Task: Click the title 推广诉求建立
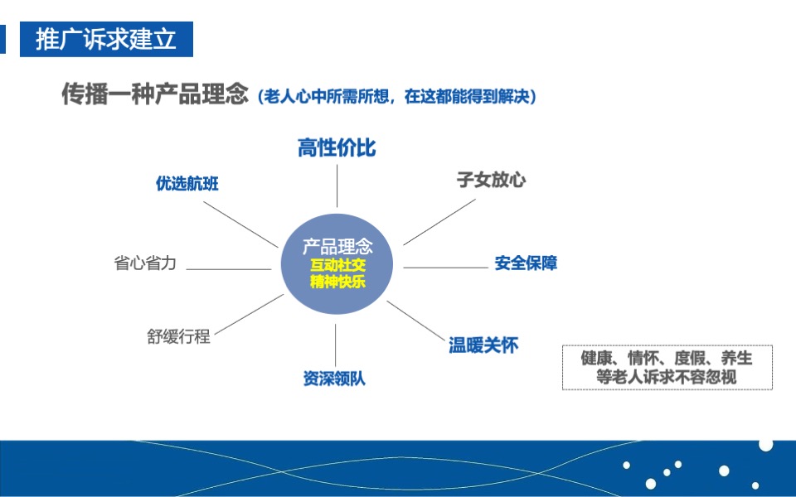[106, 39]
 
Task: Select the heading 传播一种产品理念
[155, 94]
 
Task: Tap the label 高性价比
[337, 148]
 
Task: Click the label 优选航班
[187, 184]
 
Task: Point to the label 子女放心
[491, 180]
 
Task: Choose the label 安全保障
[526, 263]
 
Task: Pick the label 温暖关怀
[483, 345]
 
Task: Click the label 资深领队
[334, 379]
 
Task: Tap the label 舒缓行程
[179, 336]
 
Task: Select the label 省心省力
[145, 264]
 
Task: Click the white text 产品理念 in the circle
[337, 246]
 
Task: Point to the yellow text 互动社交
[337, 266]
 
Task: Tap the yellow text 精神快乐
[337, 282]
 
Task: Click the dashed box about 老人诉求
[667, 367]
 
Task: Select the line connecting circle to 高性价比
[337, 186]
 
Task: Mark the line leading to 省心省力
[229, 268]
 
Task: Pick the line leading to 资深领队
[336, 344]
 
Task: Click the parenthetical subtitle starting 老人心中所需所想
[398, 97]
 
